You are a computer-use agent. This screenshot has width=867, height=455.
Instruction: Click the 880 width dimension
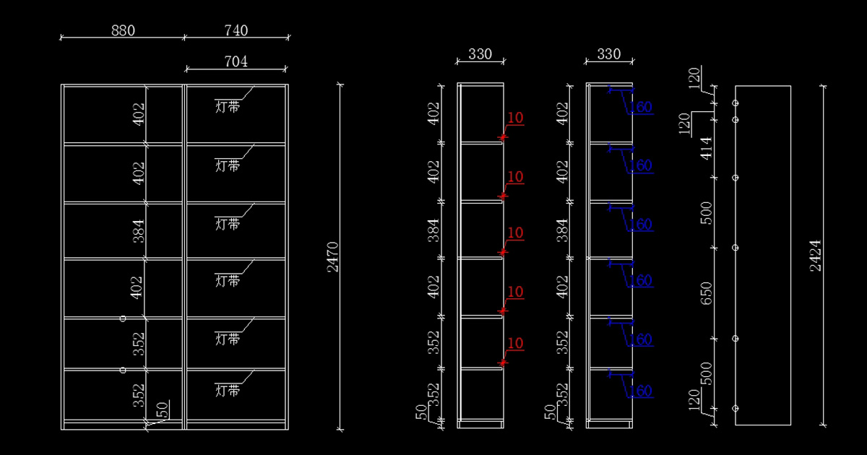(x=123, y=30)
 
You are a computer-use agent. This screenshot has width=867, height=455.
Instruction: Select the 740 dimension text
(x=236, y=30)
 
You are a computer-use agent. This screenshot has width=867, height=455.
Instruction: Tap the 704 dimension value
(x=236, y=62)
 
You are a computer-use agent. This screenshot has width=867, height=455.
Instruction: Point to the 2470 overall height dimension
(x=333, y=256)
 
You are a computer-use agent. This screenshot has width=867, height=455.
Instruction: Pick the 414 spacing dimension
(x=707, y=148)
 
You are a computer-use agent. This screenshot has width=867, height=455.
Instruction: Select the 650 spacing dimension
(x=707, y=292)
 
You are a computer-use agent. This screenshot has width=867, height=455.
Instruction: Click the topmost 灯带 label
(x=228, y=107)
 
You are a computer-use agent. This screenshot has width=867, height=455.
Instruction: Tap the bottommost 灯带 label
(x=228, y=391)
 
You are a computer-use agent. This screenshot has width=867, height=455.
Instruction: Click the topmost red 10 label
(x=515, y=118)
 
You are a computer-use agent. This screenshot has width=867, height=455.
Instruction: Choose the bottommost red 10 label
(x=515, y=343)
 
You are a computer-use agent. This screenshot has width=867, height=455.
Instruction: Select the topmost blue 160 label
(x=641, y=108)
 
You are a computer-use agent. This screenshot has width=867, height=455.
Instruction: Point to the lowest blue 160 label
(x=641, y=391)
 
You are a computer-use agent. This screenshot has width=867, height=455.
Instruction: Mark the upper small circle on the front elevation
(x=123, y=318)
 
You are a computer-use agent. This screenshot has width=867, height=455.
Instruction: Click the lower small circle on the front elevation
(x=123, y=370)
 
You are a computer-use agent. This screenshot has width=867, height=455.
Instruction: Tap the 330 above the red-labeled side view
(x=480, y=54)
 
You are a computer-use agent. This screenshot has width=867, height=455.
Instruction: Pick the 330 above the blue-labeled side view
(x=608, y=54)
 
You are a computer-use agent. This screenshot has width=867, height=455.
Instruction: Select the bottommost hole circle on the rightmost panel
(x=736, y=408)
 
